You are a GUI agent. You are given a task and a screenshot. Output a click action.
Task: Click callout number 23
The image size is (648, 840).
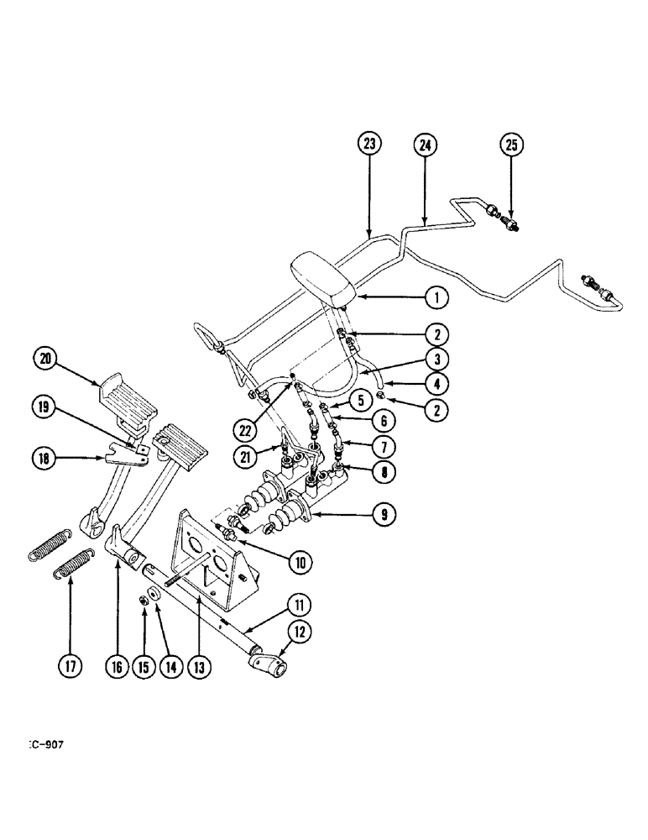pos(369,144)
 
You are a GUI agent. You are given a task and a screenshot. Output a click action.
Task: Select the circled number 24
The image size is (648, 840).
pos(425,144)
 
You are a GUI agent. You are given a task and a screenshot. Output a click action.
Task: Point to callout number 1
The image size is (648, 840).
pos(436,296)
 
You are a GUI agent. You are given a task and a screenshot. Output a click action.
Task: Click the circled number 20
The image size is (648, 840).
pos(47,359)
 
